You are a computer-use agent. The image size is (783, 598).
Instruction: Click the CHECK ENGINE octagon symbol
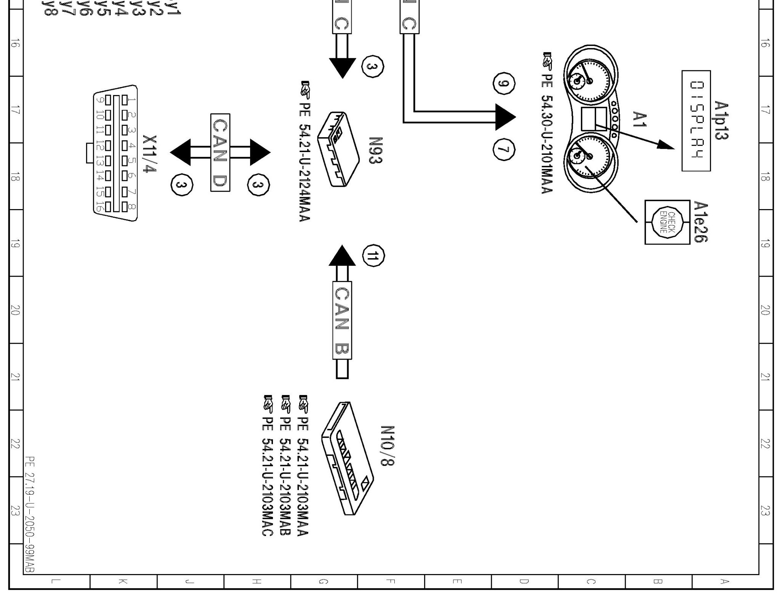667,222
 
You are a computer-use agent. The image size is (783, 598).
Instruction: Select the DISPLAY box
696,121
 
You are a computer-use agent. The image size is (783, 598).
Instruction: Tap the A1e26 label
700,222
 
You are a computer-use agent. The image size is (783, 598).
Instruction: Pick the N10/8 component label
387,446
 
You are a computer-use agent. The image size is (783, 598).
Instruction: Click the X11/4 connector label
149,154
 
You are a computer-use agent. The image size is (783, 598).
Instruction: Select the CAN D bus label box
220,152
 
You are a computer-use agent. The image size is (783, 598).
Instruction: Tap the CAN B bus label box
342,320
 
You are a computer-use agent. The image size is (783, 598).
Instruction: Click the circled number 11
373,256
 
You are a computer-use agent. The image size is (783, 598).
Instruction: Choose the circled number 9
504,84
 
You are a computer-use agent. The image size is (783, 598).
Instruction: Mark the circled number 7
504,149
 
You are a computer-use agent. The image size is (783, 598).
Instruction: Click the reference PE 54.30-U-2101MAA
547,124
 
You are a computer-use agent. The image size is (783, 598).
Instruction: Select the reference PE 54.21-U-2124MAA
305,151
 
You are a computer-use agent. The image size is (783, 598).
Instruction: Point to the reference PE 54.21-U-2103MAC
268,466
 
